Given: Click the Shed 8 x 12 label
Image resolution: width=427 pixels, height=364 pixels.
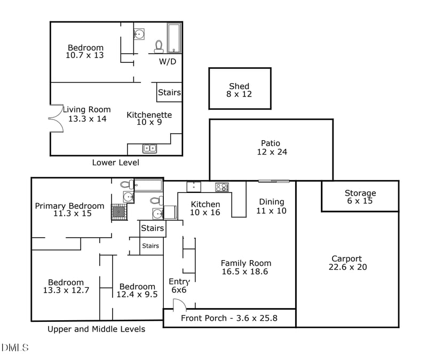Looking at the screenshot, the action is [x=239, y=90].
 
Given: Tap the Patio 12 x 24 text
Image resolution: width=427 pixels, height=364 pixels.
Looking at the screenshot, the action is [x=272, y=148].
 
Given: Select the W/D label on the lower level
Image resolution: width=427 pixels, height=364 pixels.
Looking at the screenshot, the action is [x=168, y=61].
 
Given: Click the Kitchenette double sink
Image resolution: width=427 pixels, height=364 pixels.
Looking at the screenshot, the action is [x=149, y=149].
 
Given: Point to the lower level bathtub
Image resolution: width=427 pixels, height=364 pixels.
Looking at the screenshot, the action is [x=174, y=38].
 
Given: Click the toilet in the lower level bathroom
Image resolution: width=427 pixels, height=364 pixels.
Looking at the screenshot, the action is [x=159, y=47].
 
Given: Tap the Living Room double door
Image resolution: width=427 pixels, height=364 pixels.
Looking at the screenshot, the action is [x=56, y=118].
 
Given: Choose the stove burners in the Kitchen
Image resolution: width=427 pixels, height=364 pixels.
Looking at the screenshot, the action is [x=222, y=187].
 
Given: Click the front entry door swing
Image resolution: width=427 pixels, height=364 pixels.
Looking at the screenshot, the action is [x=180, y=304].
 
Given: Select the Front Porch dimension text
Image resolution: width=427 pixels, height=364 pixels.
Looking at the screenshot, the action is [x=229, y=318].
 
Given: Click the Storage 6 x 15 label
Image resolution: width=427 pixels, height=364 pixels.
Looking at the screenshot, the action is [x=360, y=197].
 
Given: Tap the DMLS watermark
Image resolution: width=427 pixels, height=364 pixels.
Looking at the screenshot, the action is [x=15, y=347].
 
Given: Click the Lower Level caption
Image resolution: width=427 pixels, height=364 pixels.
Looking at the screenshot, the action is [x=115, y=163].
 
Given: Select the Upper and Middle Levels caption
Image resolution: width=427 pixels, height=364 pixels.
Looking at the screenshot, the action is [x=97, y=329].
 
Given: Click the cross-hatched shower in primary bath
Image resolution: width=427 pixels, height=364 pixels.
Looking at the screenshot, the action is [x=119, y=212].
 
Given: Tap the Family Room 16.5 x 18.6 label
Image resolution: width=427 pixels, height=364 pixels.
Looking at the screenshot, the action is [x=246, y=267].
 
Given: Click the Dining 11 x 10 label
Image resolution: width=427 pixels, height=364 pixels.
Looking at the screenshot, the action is [x=271, y=206].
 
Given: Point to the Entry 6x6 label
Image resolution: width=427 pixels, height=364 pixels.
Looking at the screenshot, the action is [x=179, y=286].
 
